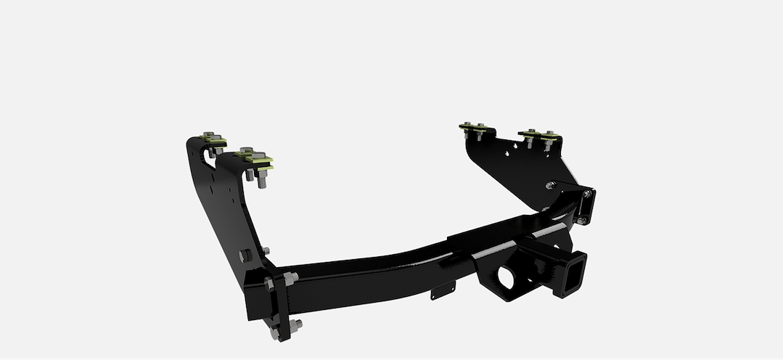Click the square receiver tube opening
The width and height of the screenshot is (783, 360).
coord(571,274)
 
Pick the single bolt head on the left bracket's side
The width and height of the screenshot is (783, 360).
coord(245,255)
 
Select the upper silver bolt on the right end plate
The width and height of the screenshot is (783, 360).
coord(584,194)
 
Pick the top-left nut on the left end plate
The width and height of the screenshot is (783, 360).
coord(270,282)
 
